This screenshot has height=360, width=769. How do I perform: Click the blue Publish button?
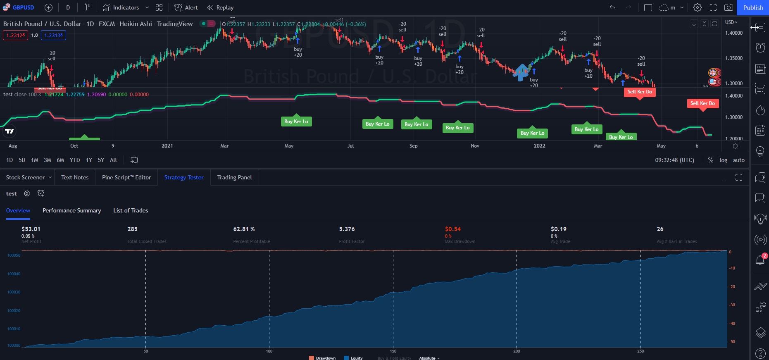click(753, 7)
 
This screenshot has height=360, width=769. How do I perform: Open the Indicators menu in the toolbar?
click(121, 7)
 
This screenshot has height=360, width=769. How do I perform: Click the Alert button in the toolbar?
click(186, 7)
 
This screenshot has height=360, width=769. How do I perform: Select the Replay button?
click(220, 7)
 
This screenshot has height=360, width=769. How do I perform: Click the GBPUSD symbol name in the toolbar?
click(23, 7)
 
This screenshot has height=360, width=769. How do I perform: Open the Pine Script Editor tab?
click(126, 177)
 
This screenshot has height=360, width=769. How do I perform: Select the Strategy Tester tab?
click(184, 177)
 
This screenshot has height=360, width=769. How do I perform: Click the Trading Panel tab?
click(234, 177)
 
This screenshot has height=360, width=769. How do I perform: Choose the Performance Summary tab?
click(71, 210)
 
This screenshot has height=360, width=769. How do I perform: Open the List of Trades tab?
click(131, 210)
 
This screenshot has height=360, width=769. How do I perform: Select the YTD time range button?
click(75, 160)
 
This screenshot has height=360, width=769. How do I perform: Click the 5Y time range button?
click(101, 160)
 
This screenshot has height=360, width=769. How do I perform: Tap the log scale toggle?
click(723, 160)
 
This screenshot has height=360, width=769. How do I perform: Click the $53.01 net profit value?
click(31, 229)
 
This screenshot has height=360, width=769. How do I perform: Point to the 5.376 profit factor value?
click(347, 229)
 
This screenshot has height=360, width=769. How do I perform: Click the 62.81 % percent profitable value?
click(244, 229)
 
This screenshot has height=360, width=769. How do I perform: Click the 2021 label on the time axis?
click(167, 146)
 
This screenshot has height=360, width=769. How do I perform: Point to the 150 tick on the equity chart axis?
click(393, 351)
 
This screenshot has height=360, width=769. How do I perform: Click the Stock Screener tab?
click(25, 177)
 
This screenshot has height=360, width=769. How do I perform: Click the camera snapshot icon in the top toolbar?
click(729, 7)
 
